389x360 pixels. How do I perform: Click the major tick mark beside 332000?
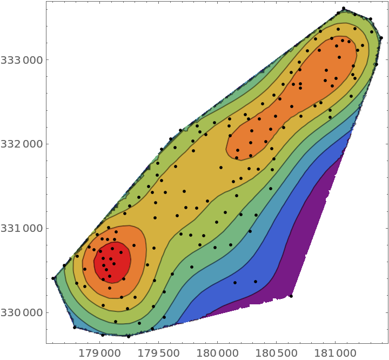(x=49, y=144)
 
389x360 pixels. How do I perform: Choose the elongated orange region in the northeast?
(x=303, y=92)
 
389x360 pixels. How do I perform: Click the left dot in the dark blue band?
(x=235, y=282)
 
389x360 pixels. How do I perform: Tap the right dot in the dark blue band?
(x=256, y=281)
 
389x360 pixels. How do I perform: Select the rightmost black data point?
(x=372, y=32)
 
